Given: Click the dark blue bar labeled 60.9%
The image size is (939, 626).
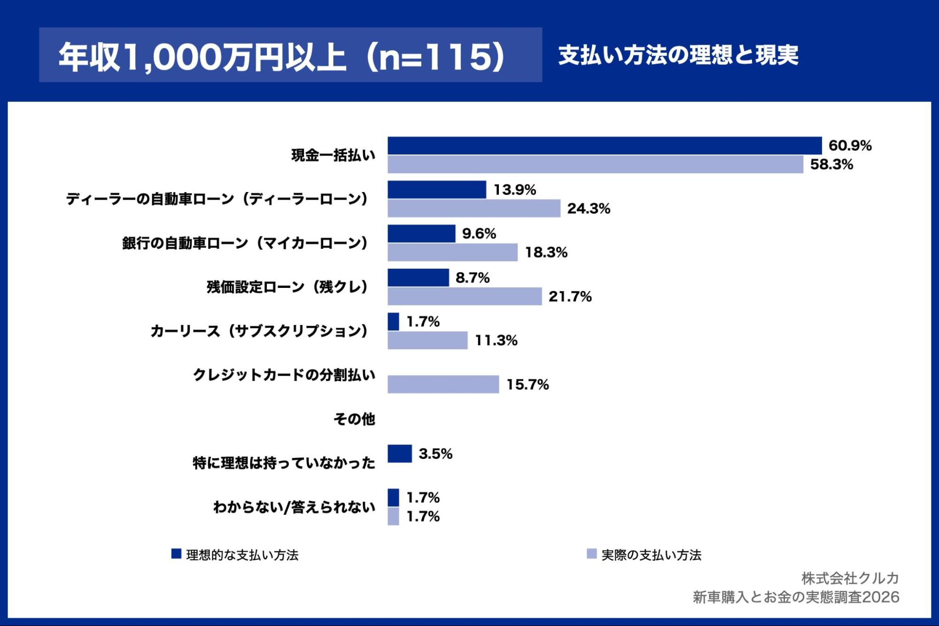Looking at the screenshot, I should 605,146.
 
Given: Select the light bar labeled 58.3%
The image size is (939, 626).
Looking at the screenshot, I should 595,165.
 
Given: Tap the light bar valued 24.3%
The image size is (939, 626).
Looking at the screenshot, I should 473,209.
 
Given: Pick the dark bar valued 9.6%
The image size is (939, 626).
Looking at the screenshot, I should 421,234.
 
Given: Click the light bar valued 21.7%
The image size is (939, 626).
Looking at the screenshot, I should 464,296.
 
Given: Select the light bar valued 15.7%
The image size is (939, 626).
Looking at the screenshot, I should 443,385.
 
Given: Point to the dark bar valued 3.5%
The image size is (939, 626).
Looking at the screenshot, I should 399,454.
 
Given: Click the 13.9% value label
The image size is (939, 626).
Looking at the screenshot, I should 514,190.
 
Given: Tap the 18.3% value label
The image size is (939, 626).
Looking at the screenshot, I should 546,253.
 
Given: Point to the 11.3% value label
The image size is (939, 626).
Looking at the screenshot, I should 496,340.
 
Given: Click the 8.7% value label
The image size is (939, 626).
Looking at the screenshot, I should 472,278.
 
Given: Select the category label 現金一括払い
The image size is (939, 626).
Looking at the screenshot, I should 333,155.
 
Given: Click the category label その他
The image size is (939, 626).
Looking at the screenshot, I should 354,419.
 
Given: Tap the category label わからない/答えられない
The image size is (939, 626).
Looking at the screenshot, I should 294,507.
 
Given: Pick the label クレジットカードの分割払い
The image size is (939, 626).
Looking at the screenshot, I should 284,375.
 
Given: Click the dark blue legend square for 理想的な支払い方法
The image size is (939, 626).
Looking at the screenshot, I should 176,554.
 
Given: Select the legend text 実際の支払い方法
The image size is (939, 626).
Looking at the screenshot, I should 651,555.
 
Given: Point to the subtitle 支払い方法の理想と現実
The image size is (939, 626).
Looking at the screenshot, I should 678,55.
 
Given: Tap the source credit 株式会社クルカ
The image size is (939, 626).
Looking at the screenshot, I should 850,578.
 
